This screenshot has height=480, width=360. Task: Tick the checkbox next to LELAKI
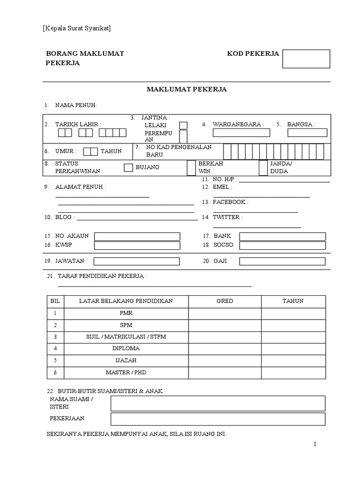(183, 125)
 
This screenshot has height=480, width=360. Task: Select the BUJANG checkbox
(128, 168)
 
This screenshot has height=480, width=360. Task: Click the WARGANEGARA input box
(241, 133)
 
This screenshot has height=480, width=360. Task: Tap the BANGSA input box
(307, 133)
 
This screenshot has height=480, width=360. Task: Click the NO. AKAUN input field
(137, 236)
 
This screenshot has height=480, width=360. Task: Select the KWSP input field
(137, 246)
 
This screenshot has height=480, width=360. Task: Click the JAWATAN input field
(137, 261)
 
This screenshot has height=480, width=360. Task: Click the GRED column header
(225, 301)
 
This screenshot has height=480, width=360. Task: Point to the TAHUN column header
(293, 301)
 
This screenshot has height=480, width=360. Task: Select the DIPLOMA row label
(126, 349)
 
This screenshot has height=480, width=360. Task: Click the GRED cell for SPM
(225, 325)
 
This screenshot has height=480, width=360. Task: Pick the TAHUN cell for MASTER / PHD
(293, 373)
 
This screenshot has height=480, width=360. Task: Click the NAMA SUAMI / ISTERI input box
(217, 403)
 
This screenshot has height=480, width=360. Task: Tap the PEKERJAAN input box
(217, 419)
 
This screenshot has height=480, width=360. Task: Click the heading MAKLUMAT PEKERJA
(187, 90)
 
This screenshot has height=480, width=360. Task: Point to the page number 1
(315, 444)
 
